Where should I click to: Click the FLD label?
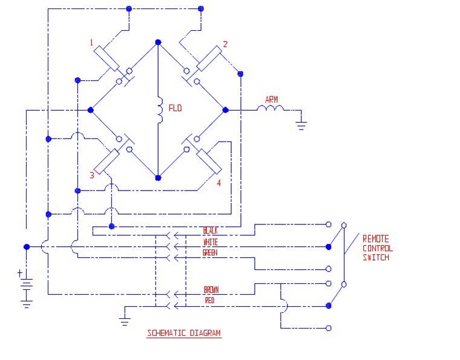176,109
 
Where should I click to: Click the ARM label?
271,99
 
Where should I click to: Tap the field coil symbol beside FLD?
160,110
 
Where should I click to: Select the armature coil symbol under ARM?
271,109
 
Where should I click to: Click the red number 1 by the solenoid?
91,42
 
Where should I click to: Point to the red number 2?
225,44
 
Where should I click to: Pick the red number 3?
92,175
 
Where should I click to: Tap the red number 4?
220,182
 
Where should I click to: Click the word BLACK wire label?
211,231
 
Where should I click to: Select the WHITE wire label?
211,242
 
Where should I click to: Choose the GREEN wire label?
211,253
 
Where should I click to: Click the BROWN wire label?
211,289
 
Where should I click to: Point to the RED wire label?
209,300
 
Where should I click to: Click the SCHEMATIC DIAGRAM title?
184,333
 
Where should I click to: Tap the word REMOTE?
376,238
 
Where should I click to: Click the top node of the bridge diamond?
158,42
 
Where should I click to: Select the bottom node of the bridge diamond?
158,178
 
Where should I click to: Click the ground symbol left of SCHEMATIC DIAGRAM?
125,319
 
